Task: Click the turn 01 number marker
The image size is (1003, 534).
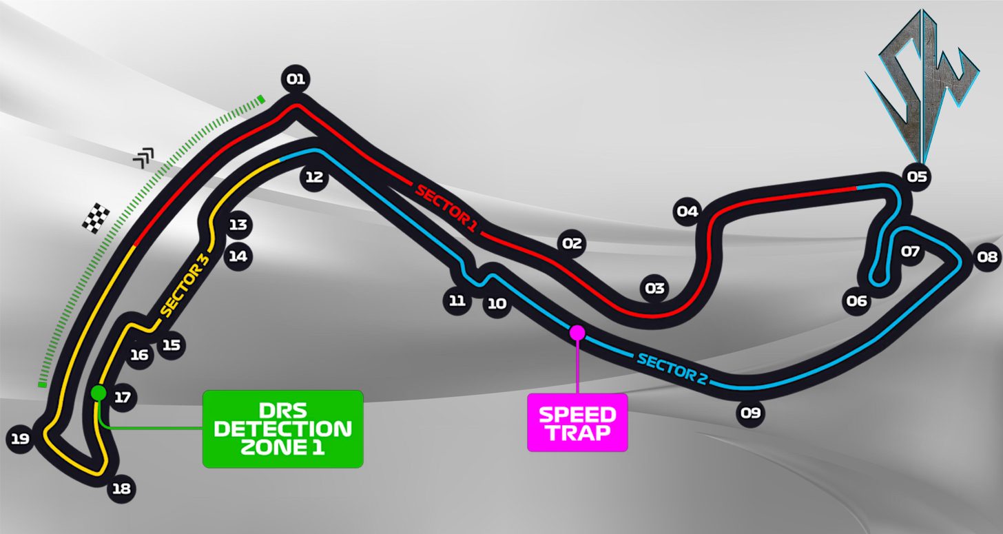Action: pos(296,79)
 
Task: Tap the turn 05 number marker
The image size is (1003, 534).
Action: pos(917,176)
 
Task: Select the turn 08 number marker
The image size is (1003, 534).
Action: pos(987,258)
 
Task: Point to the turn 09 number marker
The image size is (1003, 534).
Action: pos(750,413)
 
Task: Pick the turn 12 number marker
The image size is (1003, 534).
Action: pos(314,177)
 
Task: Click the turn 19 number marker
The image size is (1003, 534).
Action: pos(20,438)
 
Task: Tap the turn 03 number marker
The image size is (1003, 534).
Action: pos(654,288)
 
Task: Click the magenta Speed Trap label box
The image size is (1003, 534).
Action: pos(577,422)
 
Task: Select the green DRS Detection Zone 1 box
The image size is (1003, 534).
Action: pos(282,429)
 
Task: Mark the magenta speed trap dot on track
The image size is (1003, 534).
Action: pos(577,333)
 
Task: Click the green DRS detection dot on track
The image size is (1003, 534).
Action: pos(99,393)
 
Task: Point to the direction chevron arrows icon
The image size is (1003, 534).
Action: pos(143,158)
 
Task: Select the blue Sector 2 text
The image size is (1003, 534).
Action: pos(672,369)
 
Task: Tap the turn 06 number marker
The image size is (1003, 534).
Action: pos(857,300)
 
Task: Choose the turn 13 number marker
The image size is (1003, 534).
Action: pos(238,225)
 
